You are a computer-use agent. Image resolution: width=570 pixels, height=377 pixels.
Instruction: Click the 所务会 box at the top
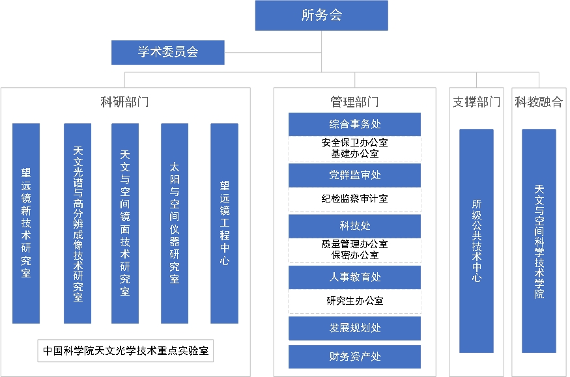(321, 15)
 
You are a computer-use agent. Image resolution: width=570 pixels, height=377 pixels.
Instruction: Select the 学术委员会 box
(167, 52)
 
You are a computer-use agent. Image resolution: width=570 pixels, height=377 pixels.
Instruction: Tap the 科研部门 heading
(124, 102)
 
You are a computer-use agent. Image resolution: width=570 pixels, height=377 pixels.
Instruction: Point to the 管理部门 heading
(354, 102)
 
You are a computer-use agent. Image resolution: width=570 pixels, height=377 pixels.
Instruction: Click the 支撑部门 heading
(476, 102)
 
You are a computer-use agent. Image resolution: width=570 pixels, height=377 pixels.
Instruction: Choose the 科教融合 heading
(539, 102)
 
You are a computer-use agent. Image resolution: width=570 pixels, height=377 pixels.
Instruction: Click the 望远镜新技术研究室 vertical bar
(26, 223)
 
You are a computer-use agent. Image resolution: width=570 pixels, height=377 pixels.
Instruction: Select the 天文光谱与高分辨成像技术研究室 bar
(78, 223)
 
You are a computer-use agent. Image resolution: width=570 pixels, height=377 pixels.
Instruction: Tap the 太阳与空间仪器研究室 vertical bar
(175, 223)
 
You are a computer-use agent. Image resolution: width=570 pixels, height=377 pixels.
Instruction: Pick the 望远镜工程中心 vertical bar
(224, 223)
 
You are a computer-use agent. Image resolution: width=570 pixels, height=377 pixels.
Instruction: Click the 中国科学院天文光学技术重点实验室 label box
(126, 350)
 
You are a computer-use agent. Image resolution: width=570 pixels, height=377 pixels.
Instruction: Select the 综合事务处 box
(354, 124)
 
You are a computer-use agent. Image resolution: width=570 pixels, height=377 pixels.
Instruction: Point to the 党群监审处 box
(354, 175)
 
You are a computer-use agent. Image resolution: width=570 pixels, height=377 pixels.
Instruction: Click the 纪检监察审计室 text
(354, 199)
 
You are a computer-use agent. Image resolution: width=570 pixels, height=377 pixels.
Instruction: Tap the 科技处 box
(354, 226)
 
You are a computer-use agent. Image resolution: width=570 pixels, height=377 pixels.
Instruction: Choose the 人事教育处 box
(354, 277)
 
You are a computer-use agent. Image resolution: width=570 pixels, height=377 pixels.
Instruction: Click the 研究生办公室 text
(354, 300)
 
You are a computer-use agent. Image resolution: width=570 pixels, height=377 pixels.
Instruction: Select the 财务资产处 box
(354, 357)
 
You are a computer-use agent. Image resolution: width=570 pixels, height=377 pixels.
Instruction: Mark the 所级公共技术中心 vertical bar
(476, 241)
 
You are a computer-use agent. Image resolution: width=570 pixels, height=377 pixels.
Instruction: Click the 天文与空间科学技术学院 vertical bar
(539, 241)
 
